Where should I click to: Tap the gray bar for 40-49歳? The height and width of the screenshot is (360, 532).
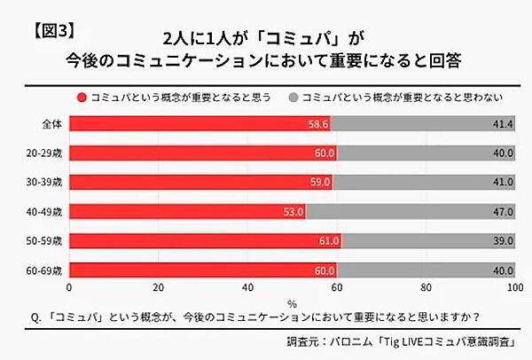(411, 212)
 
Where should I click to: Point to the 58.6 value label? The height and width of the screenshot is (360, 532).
(318, 125)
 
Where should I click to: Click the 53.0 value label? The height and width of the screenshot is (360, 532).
(293, 212)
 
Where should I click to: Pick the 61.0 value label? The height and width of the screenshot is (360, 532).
(329, 241)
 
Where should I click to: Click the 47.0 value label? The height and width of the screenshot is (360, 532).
(500, 212)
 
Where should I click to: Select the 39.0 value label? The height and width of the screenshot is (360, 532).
(500, 241)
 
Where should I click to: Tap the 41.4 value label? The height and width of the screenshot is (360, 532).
(500, 125)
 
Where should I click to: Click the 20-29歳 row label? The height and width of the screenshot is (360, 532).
(43, 154)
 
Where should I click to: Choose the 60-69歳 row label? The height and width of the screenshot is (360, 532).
(43, 270)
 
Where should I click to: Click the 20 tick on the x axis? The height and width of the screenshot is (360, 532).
(159, 288)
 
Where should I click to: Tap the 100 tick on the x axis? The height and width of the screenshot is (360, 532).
(513, 288)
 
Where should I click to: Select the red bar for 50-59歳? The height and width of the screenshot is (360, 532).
(205, 241)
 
